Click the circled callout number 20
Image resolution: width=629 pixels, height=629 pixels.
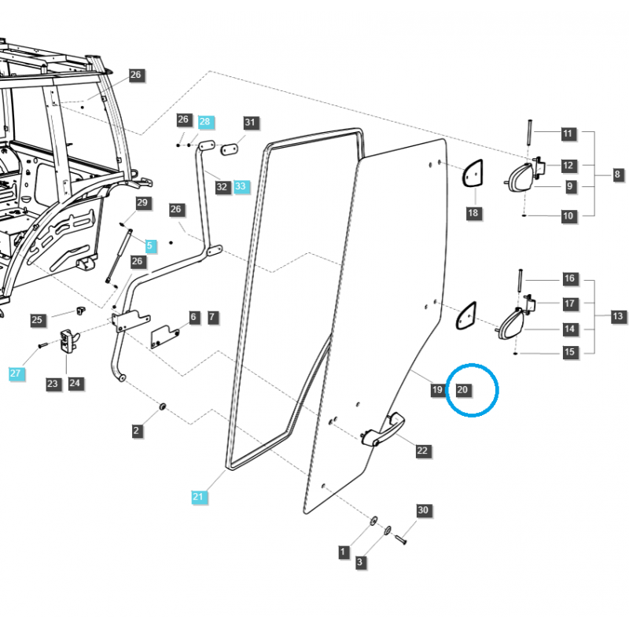[x=462, y=389]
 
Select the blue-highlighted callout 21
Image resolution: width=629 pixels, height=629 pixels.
[x=197, y=496]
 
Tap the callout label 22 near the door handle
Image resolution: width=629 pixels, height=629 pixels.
[x=422, y=451]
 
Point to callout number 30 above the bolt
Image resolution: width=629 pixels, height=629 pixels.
[x=423, y=510]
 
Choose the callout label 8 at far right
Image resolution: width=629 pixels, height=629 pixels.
[x=618, y=174]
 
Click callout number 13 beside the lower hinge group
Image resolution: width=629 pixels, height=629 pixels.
[x=618, y=316]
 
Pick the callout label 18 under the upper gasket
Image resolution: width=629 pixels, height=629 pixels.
[x=473, y=212]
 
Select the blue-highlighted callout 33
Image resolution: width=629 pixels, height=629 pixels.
[x=241, y=186]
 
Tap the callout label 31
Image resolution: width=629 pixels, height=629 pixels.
[x=250, y=123]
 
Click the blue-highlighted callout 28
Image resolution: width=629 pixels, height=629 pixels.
[x=204, y=122]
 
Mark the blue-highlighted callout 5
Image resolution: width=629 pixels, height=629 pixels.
[x=150, y=245]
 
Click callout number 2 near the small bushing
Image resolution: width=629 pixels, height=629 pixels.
[x=136, y=430]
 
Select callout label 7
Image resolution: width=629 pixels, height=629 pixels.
[x=212, y=318]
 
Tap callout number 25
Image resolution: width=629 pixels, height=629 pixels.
[x=37, y=320]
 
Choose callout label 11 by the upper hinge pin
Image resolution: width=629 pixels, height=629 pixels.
[x=568, y=134]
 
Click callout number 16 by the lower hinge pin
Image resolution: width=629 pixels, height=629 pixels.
[x=570, y=278]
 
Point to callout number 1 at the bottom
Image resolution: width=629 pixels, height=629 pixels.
[x=343, y=552]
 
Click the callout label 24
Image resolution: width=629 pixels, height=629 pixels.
[x=75, y=384]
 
